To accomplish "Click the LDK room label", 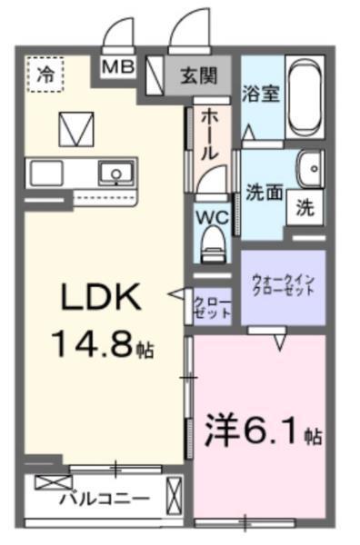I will (100, 298).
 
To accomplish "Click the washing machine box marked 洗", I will (306, 207).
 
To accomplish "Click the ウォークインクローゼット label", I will (283, 285).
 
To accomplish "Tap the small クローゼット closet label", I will (212, 305).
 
